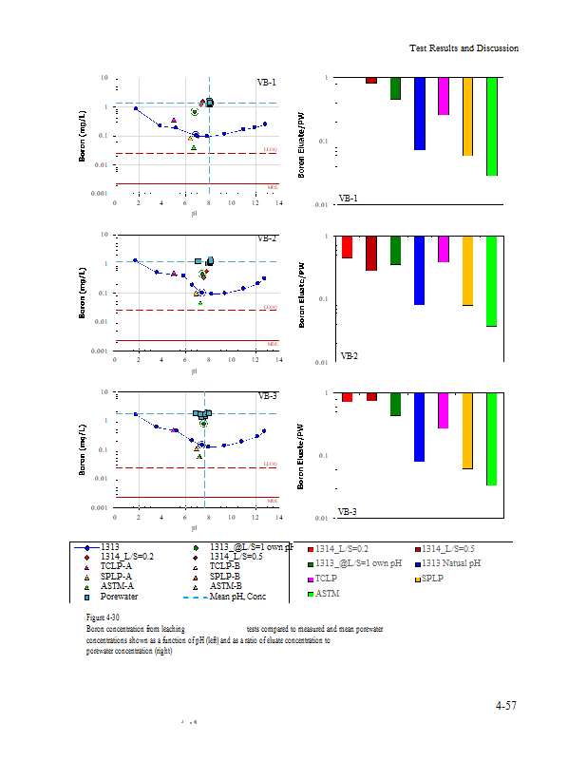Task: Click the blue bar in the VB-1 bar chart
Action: point(420,113)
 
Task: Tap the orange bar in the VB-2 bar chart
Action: point(467,271)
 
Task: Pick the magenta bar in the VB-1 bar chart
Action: point(444,96)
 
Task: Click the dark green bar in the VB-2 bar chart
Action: point(395,251)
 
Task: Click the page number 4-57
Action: point(505,706)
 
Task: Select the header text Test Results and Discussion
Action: point(464,48)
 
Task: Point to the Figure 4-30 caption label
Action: point(103,617)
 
